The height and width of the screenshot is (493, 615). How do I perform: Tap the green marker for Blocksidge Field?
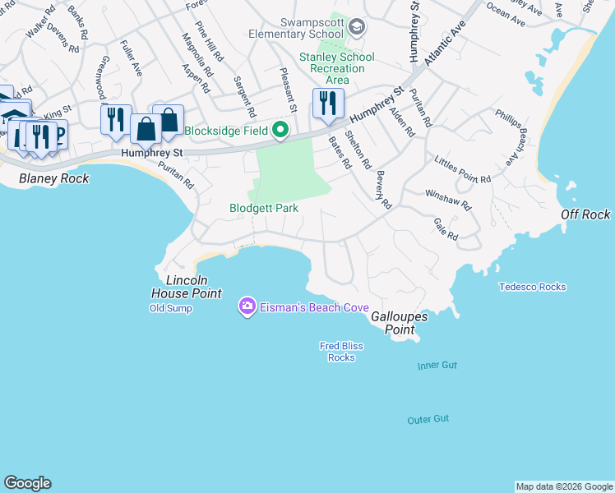280,131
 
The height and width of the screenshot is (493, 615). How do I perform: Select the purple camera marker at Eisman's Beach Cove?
247,306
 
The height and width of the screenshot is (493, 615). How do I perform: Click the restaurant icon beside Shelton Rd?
326,104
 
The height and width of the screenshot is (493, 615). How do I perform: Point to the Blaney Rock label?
53,178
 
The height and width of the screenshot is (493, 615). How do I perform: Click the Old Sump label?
170,308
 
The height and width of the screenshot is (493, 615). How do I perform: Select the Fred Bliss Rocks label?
341,352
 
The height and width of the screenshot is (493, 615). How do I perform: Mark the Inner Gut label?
437,365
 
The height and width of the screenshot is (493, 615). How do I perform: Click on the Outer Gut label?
428,420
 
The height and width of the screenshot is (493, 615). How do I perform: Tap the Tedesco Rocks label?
532,287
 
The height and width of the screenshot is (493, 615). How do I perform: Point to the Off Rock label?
585,214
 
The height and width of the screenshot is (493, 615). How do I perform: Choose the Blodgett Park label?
263,209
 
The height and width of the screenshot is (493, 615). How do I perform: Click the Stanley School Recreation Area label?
336,68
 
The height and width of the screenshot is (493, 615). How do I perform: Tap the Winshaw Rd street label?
447,200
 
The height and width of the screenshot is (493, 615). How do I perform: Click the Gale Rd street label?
445,229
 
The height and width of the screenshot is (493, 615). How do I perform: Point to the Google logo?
27,483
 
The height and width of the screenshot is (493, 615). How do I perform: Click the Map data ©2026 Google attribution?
564,486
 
